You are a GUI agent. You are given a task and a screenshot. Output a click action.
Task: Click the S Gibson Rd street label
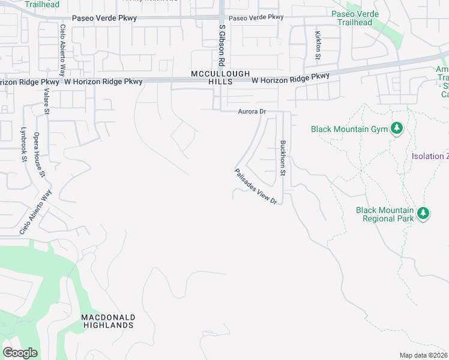tap(221, 45)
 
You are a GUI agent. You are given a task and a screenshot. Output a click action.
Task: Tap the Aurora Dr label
tap(252, 112)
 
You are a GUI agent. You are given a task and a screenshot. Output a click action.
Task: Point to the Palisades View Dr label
tap(255, 187)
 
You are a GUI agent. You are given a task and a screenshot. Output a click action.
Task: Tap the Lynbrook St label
tap(24, 145)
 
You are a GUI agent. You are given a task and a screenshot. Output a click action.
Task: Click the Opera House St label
tap(40, 155)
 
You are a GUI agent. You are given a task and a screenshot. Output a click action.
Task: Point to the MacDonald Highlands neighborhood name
tap(108, 321)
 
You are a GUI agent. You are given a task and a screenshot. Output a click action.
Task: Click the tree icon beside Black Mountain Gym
tap(396, 128)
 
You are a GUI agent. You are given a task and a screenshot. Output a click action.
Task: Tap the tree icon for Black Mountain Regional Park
tap(423, 214)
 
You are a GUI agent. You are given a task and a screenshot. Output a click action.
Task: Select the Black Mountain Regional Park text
tap(385, 214)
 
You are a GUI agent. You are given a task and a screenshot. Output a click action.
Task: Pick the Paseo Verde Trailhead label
tap(358, 17)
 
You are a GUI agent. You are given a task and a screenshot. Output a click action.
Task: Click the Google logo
tap(20, 353)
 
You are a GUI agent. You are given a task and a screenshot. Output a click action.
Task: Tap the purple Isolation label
tap(430, 157)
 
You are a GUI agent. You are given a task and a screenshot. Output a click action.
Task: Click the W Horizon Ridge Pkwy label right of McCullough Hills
tap(291, 78)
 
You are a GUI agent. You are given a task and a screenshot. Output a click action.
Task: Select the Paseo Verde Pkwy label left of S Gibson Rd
tap(104, 18)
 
